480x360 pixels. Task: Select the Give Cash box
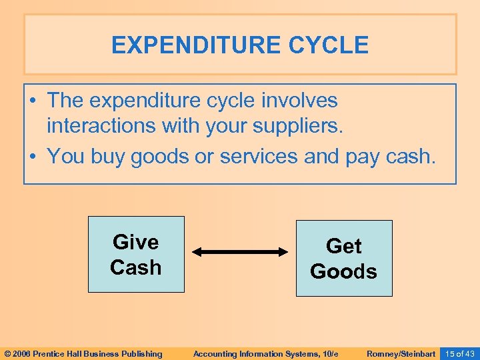(136, 254)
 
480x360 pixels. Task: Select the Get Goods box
(344, 258)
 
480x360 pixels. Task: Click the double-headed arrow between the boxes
(239, 252)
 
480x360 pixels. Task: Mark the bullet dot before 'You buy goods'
(33, 158)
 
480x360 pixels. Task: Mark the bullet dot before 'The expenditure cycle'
(33, 101)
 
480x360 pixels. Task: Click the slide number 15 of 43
(459, 353)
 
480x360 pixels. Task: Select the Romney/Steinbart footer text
(401, 353)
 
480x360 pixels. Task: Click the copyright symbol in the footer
(7, 353)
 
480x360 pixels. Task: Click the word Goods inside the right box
(344, 272)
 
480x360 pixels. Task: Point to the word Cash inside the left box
(136, 267)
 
